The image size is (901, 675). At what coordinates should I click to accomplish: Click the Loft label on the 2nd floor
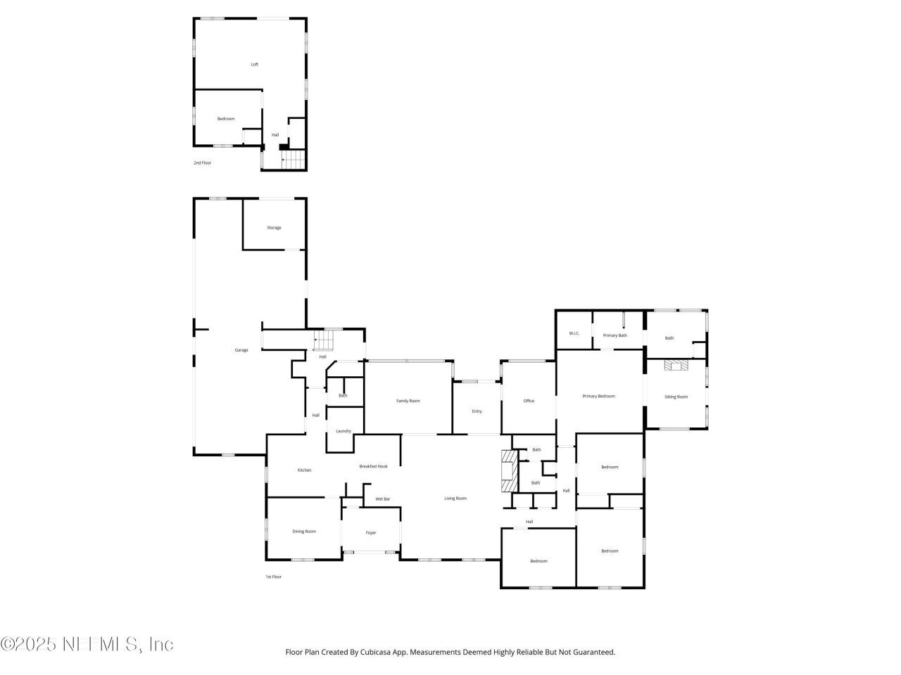pos(255,65)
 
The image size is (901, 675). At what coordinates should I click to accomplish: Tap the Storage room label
pos(274,228)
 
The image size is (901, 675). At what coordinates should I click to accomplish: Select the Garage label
pos(241,350)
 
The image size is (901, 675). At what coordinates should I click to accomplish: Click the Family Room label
pos(408,401)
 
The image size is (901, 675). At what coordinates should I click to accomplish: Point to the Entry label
pos(477,411)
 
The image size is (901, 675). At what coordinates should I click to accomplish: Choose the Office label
pos(529,401)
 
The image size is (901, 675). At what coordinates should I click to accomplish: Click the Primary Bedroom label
pos(598,396)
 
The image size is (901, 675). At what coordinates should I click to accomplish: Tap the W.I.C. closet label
pos(574,333)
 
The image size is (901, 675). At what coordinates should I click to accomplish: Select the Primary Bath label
pos(615,335)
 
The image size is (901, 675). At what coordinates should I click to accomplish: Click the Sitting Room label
pos(676,397)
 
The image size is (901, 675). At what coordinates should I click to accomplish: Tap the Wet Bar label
pos(382,499)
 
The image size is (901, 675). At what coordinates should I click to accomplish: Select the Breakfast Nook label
pos(373,466)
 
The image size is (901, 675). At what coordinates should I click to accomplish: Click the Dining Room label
pos(304,532)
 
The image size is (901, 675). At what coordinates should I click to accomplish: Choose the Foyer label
pos(371,533)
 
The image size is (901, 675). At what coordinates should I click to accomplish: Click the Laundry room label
pos(344,431)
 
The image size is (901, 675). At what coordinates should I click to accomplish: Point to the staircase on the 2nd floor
pos(295,160)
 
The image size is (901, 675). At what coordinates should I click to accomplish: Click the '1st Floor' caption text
pos(273,577)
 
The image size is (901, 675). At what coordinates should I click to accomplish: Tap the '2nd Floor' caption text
pos(202,162)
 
